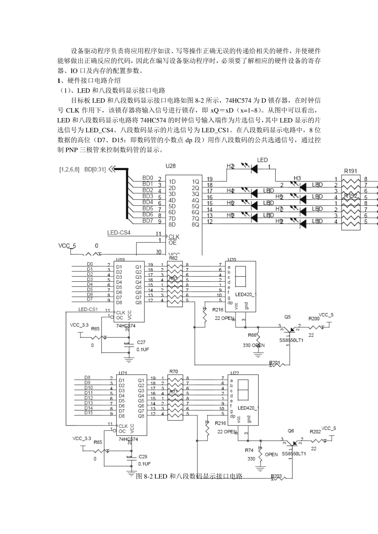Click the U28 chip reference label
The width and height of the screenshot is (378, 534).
point(170,166)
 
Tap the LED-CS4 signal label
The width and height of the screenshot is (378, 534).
point(119,232)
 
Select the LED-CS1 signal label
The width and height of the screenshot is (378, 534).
point(88,309)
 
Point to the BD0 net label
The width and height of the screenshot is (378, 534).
point(148,178)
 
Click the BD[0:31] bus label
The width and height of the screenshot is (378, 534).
point(95,169)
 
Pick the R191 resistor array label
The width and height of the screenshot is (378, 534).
point(351,171)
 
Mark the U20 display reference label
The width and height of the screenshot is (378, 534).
point(231,258)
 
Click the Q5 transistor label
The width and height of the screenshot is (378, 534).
point(287,317)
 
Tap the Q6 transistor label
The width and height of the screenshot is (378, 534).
point(291,431)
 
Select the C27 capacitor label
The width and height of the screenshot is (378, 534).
point(141,342)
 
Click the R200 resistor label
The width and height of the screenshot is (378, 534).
point(314,319)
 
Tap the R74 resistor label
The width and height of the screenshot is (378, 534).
point(249,450)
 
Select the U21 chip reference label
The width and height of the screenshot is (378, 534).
point(123,373)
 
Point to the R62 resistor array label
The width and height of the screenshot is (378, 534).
point(173,258)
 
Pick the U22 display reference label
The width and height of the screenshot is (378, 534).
point(234,373)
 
